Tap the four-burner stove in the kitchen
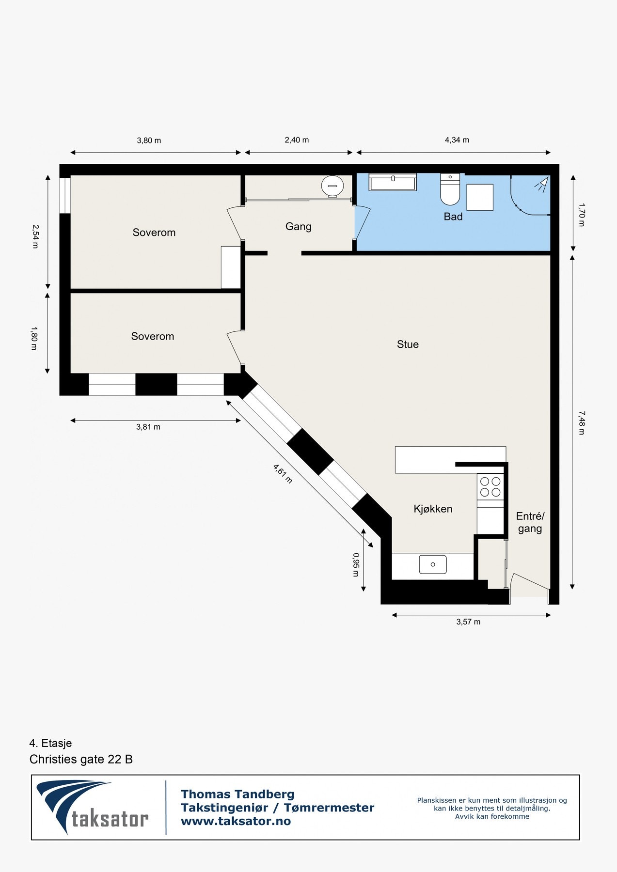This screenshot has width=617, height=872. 490,487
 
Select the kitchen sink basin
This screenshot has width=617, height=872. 433,564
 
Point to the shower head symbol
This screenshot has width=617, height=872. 542,184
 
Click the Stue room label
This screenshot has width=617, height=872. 408,344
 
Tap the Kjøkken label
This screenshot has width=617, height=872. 433,509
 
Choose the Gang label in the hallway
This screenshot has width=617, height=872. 298,227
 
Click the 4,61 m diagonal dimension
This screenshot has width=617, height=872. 283,473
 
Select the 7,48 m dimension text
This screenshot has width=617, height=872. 582,422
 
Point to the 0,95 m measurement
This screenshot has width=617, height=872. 356,565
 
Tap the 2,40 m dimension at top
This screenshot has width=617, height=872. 297,140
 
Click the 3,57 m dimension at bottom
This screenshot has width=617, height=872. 468,622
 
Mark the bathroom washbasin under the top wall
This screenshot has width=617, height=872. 393,182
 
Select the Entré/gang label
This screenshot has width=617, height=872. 530,522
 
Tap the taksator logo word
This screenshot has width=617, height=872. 110,819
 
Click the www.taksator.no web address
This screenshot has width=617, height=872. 236,821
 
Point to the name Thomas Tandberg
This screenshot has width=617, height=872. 237,794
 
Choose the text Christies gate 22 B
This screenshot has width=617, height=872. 81,759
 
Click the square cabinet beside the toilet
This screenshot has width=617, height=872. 480,197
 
